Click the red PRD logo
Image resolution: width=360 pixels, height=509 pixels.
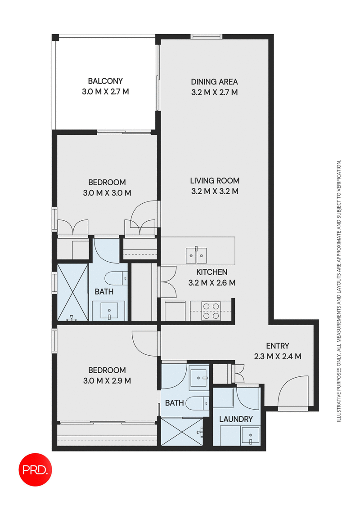click(36, 469)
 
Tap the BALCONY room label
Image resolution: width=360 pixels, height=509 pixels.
click(105, 81)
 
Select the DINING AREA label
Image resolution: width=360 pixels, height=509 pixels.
click(214, 82)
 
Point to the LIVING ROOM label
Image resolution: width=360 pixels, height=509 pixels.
click(214, 181)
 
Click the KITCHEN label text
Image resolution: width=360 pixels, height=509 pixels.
click(211, 272)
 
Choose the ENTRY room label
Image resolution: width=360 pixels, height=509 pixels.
click(277, 346)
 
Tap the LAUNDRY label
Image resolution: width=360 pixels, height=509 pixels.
click(236, 419)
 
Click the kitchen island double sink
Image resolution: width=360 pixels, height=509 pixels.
click(197, 255)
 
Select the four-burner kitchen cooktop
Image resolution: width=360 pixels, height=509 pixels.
click(211, 310)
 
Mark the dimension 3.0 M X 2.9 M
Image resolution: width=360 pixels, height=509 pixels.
click(107, 381)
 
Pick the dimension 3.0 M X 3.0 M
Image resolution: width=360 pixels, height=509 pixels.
click(107, 193)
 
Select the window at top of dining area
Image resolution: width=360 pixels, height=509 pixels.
click(207, 36)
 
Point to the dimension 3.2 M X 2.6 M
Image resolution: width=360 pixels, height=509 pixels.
click(211, 283)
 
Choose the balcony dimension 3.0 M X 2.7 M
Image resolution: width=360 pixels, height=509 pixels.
click(105, 92)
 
